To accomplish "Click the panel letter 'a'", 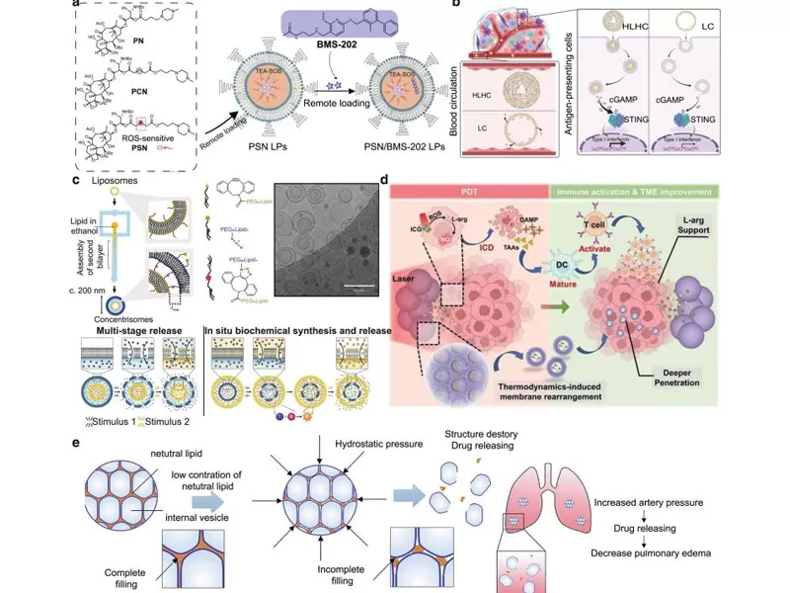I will pos(76,8).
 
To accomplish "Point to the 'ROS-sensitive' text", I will pos(145,138).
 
